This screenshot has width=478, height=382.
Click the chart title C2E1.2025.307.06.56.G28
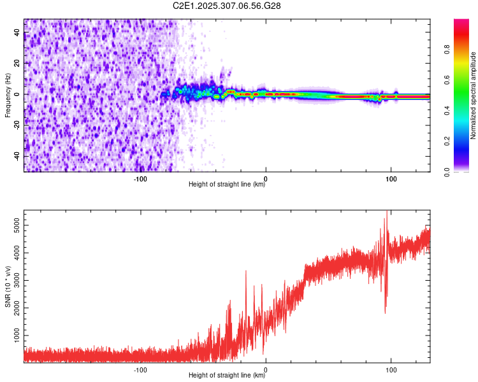click(x=227, y=6)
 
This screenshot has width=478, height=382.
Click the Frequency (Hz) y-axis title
click(x=8, y=95)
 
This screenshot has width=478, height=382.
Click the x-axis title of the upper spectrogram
click(x=227, y=185)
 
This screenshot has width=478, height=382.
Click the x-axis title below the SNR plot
click(x=227, y=376)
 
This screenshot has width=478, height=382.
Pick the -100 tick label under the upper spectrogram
click(x=141, y=178)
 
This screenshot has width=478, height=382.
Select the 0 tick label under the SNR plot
click(x=266, y=369)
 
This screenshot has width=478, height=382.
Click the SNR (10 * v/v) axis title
click(x=8, y=286)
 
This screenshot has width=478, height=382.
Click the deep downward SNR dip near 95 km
click(x=385, y=311)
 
